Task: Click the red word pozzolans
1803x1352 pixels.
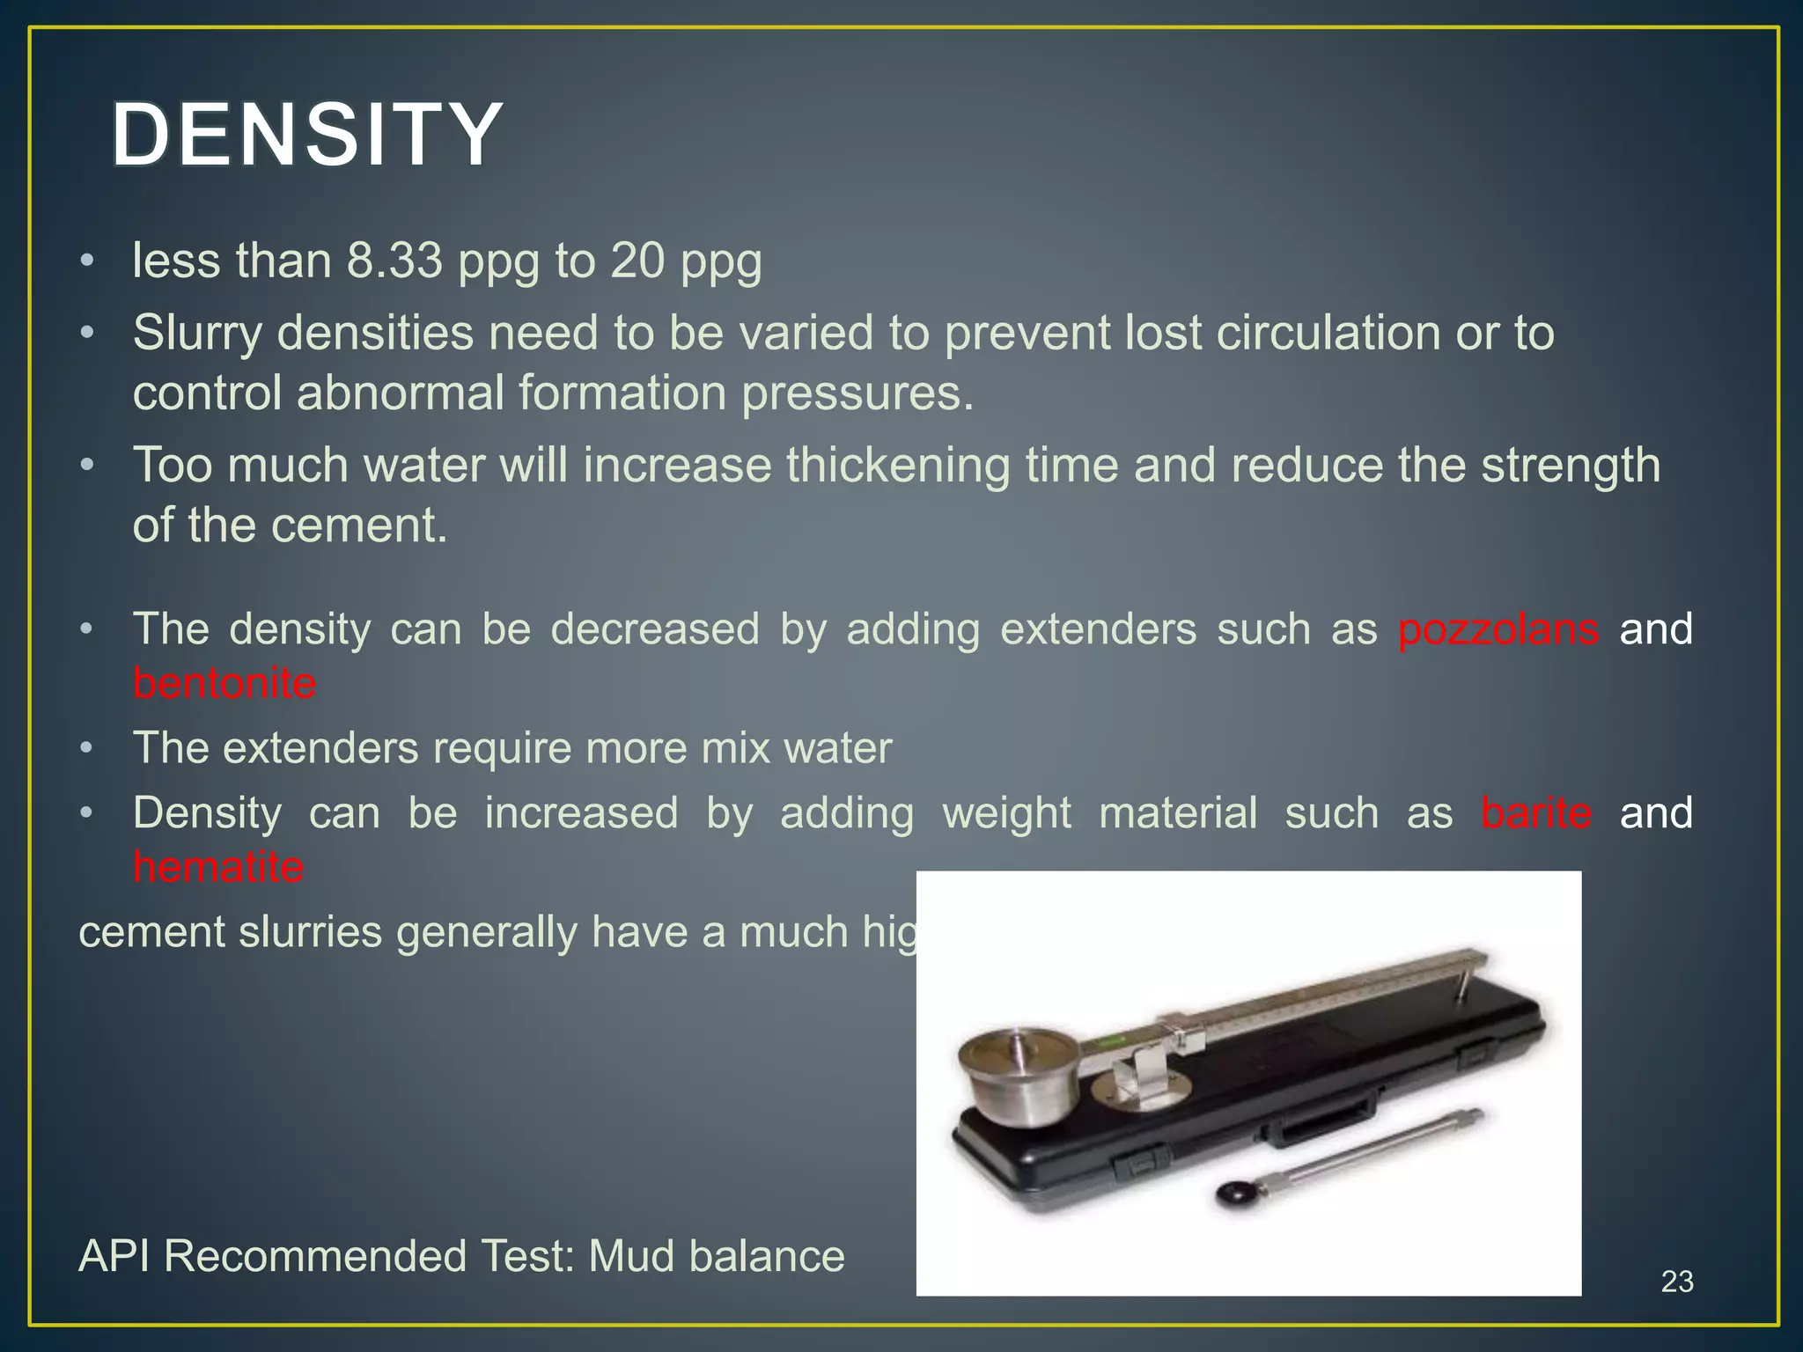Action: coord(1498,629)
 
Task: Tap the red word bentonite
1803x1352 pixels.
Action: coord(224,684)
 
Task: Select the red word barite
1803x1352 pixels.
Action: coord(1535,812)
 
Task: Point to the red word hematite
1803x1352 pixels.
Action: coord(218,867)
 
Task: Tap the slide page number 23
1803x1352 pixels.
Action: coord(1676,1282)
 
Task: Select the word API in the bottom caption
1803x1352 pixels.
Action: coord(114,1256)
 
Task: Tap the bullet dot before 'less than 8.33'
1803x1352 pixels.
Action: coord(85,261)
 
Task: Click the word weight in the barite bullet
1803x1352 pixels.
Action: coord(1006,812)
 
